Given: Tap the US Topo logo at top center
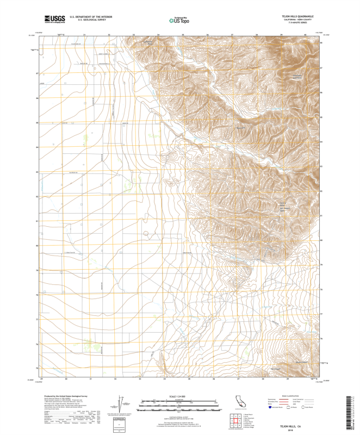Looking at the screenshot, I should point(179,20).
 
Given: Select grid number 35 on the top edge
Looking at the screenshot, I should point(183,34).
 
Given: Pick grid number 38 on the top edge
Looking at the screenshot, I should point(257,34).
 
